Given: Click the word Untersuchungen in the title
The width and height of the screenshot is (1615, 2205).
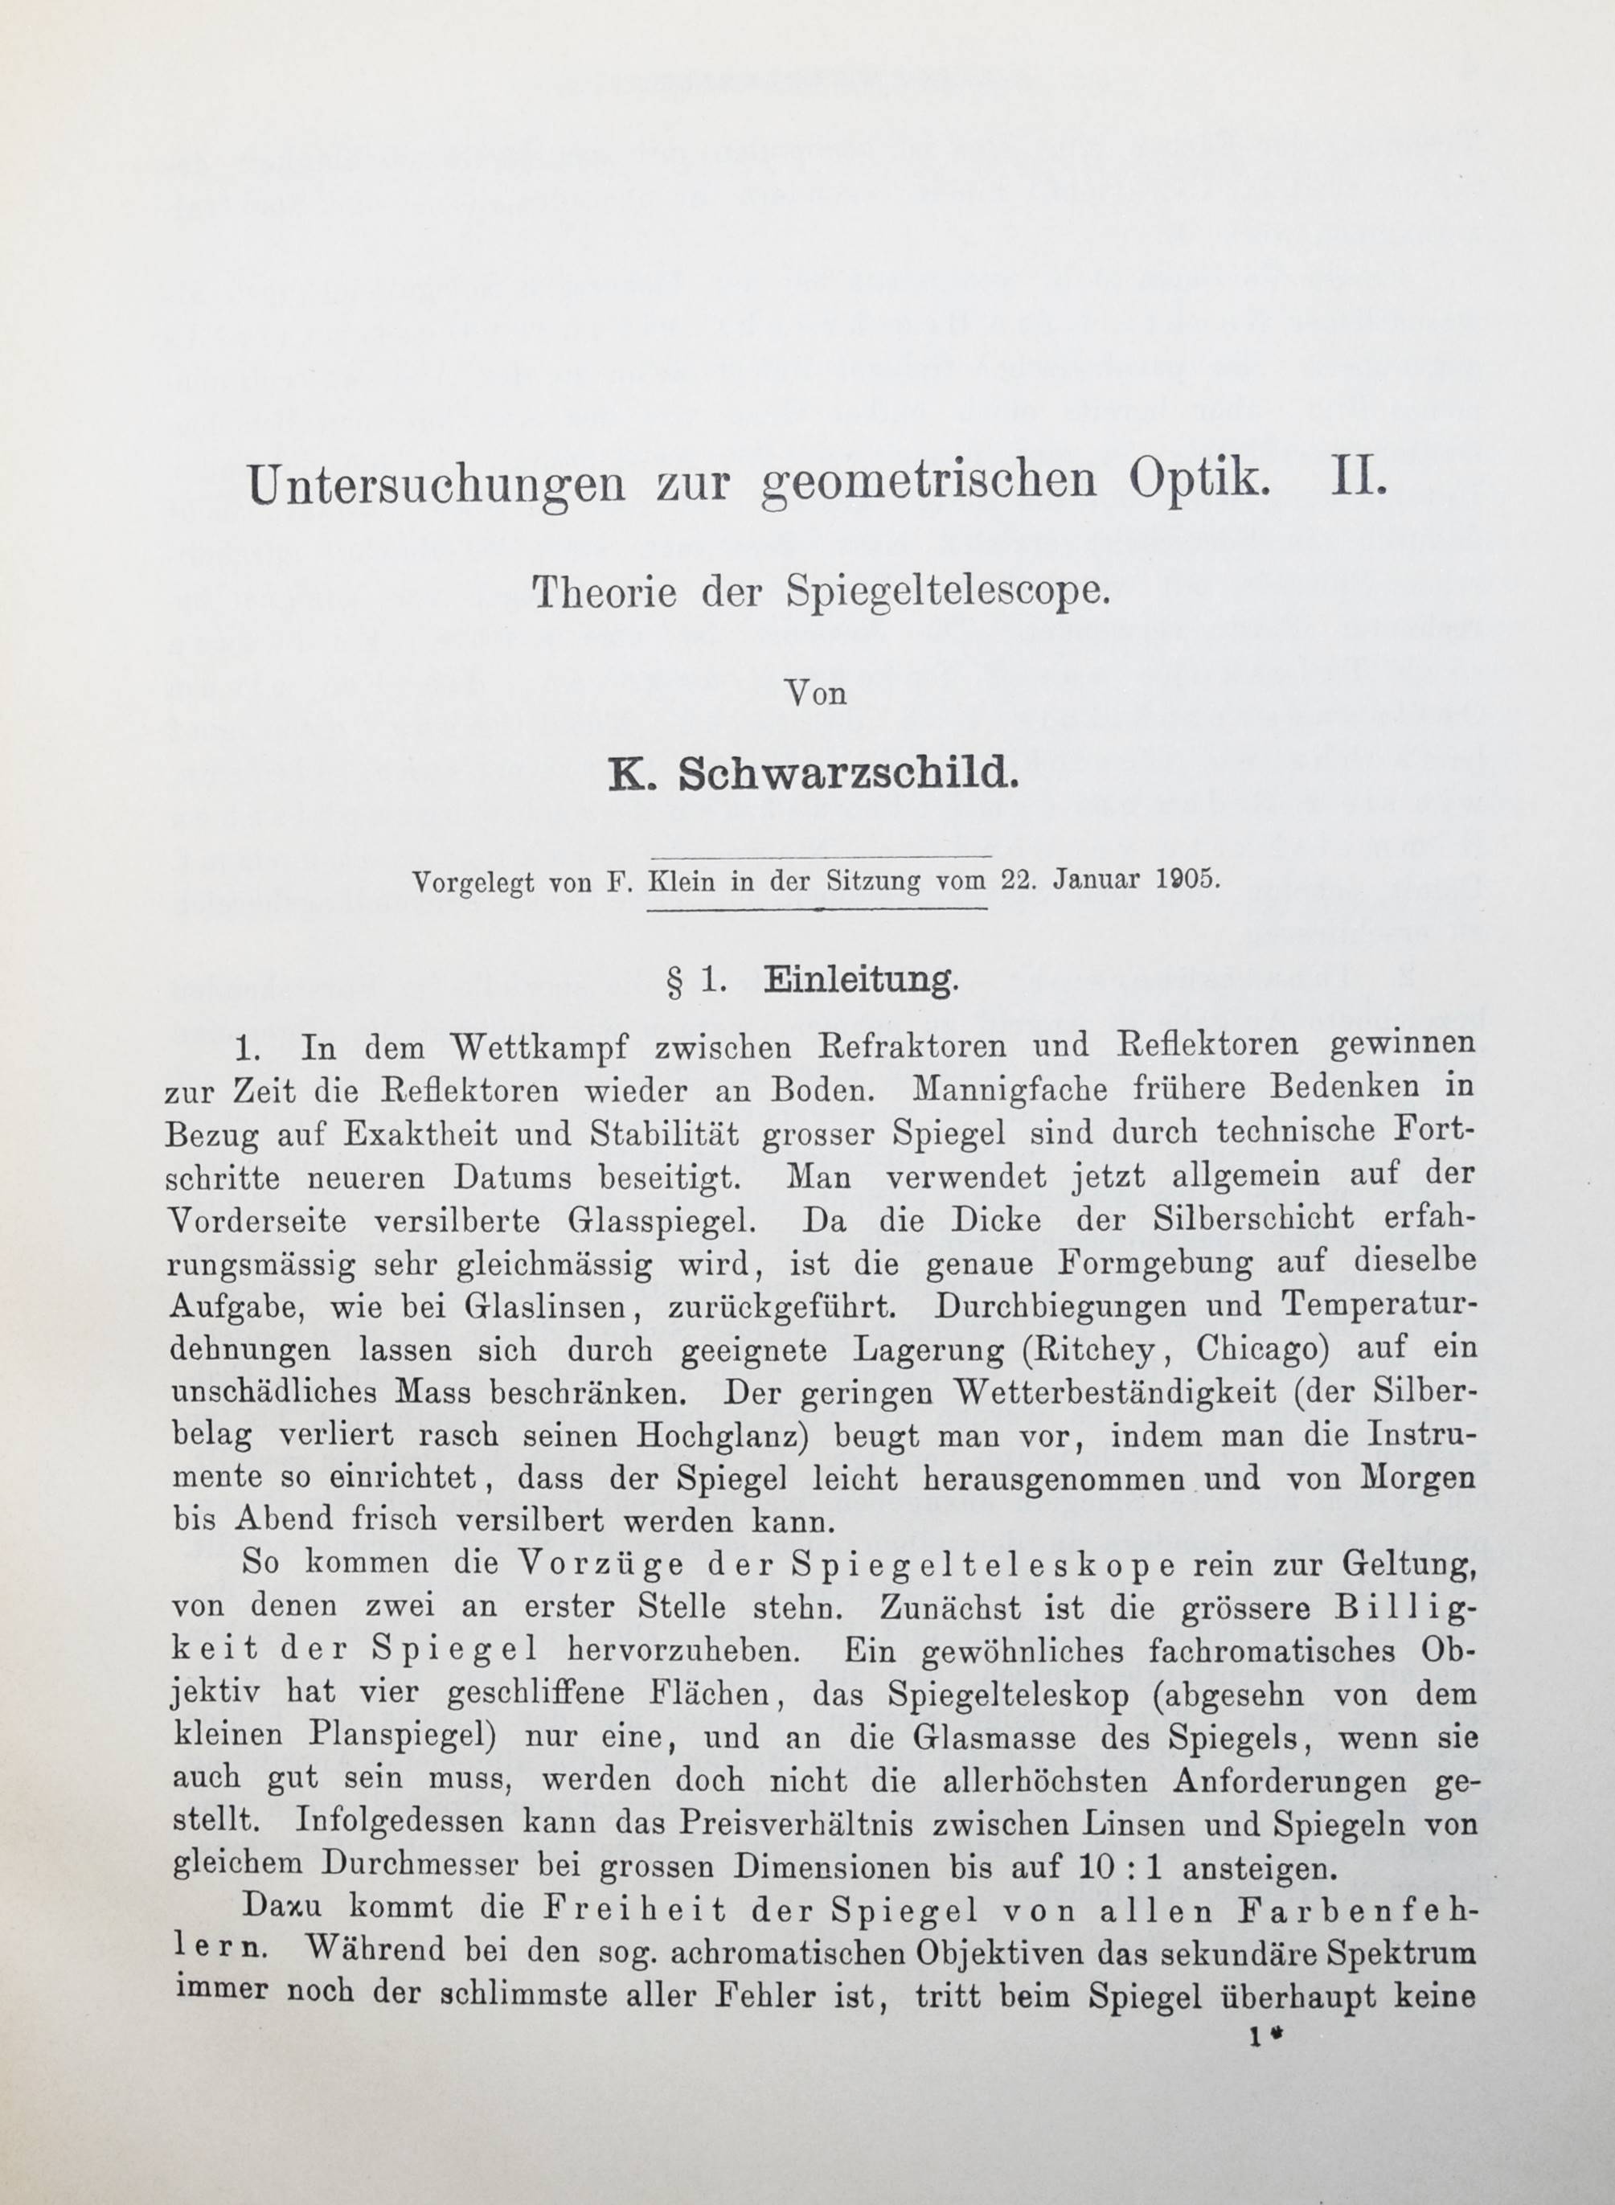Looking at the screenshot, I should click(x=435, y=486).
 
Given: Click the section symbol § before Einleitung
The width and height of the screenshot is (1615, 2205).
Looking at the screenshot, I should click(x=674, y=982).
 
